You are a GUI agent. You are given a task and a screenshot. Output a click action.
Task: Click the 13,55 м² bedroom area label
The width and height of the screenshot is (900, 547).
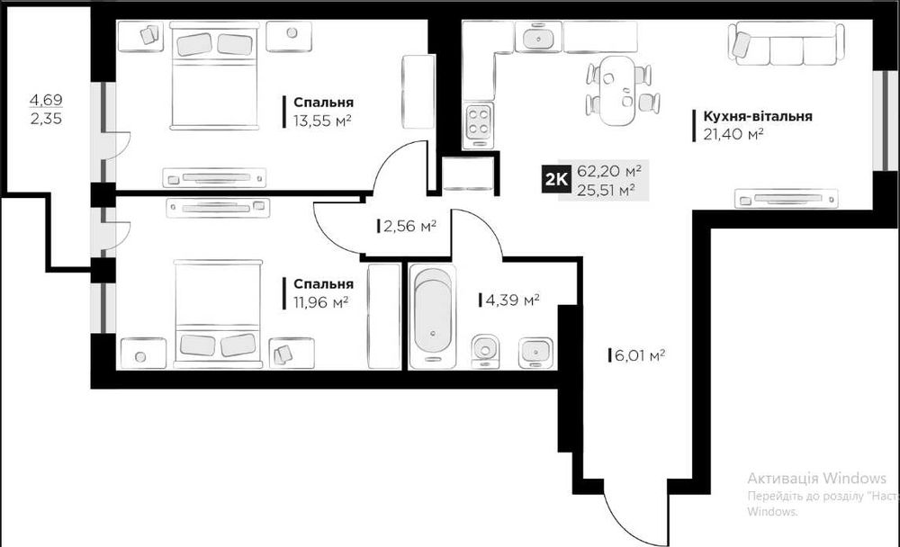(322, 121)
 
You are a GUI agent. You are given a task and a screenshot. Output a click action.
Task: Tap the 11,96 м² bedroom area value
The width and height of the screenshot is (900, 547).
(321, 302)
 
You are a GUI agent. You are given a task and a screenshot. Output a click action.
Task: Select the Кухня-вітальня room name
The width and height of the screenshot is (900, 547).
(758, 116)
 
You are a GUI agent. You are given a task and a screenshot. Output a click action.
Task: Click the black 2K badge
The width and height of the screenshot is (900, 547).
(555, 180)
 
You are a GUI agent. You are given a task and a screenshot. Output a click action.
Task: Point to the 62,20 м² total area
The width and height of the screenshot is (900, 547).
(609, 171)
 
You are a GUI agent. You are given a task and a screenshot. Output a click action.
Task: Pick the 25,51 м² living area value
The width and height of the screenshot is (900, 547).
(606, 190)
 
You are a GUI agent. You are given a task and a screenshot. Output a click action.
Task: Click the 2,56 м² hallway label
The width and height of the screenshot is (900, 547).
(409, 226)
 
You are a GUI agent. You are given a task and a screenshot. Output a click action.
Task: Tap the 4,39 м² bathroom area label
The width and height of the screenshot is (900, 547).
(512, 300)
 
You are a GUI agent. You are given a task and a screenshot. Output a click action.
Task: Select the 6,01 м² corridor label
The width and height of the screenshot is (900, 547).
(639, 355)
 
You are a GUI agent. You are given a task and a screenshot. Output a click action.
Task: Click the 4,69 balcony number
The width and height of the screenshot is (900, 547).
(46, 100)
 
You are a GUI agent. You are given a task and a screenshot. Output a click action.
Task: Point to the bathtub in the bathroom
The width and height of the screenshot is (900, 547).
(433, 317)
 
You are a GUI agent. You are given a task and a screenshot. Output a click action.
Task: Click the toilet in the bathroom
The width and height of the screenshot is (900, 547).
(485, 351)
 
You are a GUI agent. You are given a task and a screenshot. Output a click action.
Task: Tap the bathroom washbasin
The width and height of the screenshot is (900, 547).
(536, 352)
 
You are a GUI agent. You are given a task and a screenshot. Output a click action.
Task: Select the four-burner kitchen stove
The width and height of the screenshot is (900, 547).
(479, 122)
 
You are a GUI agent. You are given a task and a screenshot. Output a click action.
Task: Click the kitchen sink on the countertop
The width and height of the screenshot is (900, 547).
(538, 38)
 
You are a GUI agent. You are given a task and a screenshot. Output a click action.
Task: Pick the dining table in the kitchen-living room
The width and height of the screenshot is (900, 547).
(617, 90)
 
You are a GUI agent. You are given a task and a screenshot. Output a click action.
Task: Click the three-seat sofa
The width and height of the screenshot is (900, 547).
(787, 43)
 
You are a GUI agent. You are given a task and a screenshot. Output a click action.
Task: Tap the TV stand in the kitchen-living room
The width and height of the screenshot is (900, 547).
(786, 199)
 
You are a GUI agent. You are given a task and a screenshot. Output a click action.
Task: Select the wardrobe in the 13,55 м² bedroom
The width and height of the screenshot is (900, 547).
(418, 92)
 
